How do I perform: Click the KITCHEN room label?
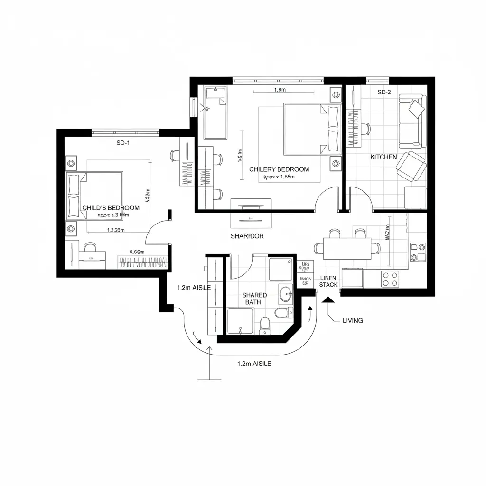[383, 157]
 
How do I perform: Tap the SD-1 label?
[123, 143]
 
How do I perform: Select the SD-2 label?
[384, 92]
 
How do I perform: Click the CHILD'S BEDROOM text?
[111, 208]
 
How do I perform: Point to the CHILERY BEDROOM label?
[279, 169]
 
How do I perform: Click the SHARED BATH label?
[255, 299]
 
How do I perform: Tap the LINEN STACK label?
[328, 281]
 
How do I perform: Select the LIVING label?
[353, 320]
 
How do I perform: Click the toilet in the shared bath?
[265, 324]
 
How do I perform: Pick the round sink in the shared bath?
[286, 293]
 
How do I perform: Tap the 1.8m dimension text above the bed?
[280, 90]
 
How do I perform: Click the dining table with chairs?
[347, 249]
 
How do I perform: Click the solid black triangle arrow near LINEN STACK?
[327, 299]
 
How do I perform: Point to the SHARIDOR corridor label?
[247, 236]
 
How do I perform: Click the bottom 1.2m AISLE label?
[254, 364]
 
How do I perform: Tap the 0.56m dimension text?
[137, 252]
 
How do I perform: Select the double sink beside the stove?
[418, 252]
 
